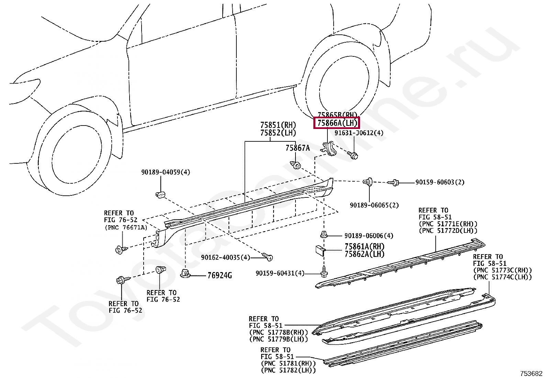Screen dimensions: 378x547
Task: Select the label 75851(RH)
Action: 278,125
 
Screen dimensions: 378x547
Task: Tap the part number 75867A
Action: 297,148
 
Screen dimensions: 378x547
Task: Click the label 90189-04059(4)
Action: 165,172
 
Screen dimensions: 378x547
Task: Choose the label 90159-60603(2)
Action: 440,182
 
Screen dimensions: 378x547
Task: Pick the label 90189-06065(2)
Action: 374,205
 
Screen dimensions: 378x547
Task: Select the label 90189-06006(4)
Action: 369,236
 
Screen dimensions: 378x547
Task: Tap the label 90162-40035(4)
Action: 226,257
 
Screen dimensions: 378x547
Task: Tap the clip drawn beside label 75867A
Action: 295,165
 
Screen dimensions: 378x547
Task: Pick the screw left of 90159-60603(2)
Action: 394,182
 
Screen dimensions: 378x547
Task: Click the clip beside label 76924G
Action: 185,274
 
